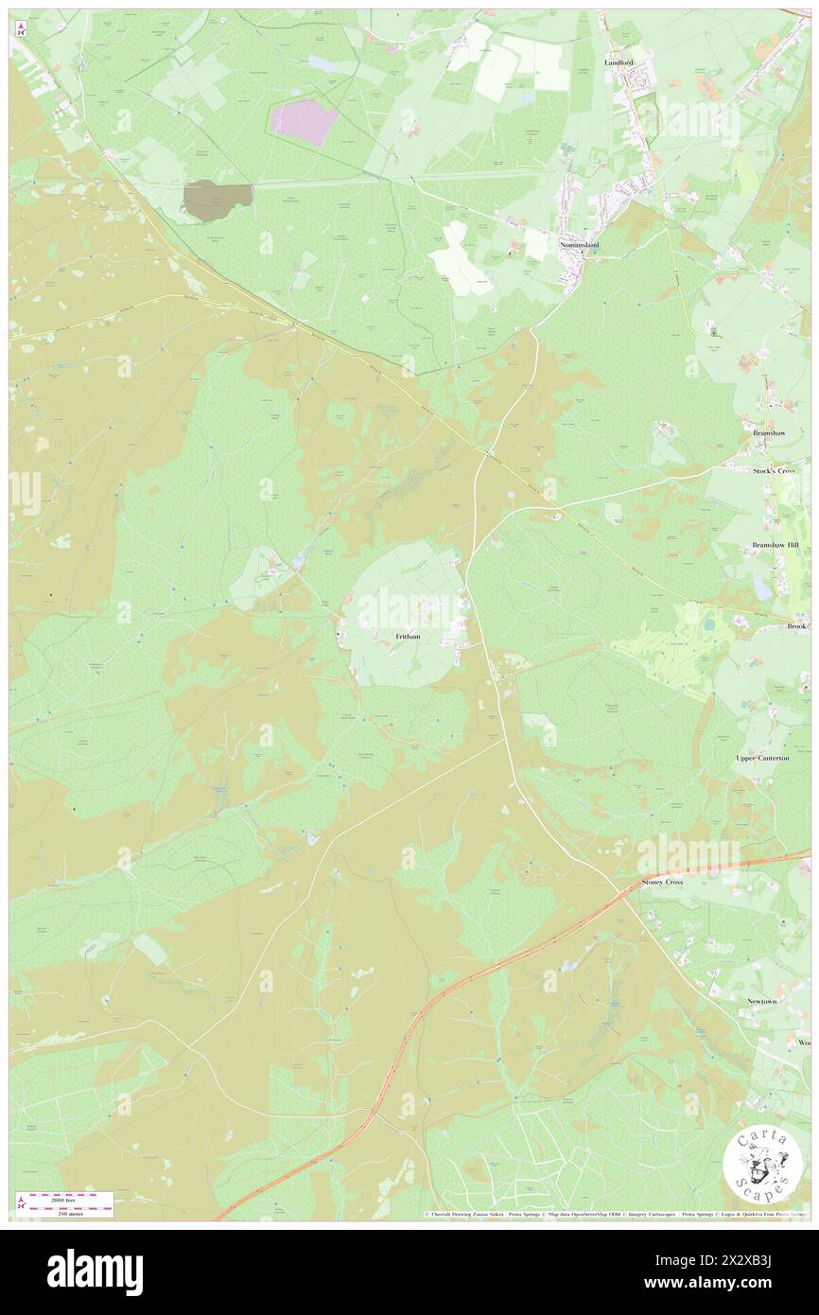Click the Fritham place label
coord(408,637)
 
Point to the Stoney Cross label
coord(662,882)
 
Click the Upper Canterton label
coord(762,758)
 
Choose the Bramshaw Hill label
coord(775,546)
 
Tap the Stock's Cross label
coord(776,470)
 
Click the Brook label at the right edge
coord(798,626)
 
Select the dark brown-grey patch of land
coord(217,200)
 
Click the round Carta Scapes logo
coord(762,1166)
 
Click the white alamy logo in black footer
coord(95,1271)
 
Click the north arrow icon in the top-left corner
coord(20,30)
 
